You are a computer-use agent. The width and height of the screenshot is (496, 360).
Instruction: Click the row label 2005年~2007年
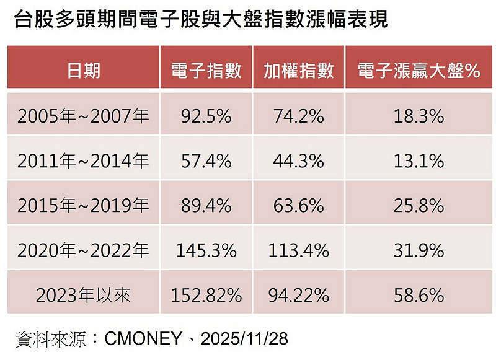tap(83, 116)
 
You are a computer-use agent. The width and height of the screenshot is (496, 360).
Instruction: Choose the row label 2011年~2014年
tap(83, 161)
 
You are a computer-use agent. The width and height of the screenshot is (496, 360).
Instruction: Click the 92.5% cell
tap(206, 116)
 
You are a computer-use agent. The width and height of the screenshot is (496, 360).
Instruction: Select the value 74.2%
tap(298, 116)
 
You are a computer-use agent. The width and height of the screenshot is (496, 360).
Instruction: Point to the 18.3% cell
tap(419, 116)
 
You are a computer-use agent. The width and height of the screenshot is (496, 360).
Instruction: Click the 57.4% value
tap(206, 161)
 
